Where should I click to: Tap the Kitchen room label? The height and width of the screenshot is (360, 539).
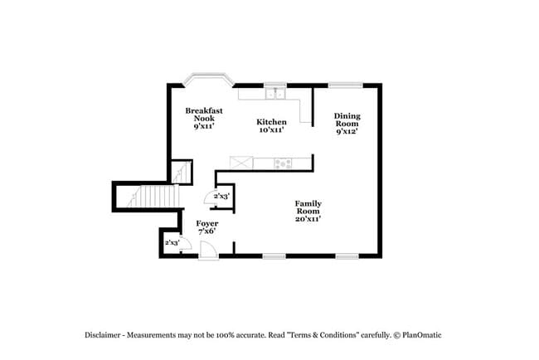click(x=271, y=122)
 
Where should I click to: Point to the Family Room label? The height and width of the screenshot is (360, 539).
click(x=308, y=207)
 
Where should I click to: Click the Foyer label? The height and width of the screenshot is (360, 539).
click(x=207, y=224)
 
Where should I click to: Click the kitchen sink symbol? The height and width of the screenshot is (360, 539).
click(x=276, y=93)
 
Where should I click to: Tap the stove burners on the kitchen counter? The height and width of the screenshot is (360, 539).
click(x=283, y=163)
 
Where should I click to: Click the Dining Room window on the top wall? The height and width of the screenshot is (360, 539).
click(x=346, y=84)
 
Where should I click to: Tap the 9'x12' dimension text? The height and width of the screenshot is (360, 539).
click(x=347, y=132)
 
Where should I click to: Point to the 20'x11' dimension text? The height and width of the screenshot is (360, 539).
click(x=308, y=219)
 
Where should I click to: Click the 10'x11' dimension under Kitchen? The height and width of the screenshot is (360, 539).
click(x=271, y=130)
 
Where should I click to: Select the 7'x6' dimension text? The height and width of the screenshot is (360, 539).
click(x=207, y=231)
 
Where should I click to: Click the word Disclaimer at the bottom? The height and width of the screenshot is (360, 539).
click(x=102, y=335)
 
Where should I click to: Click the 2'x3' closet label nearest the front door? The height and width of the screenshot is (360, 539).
click(x=172, y=242)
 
